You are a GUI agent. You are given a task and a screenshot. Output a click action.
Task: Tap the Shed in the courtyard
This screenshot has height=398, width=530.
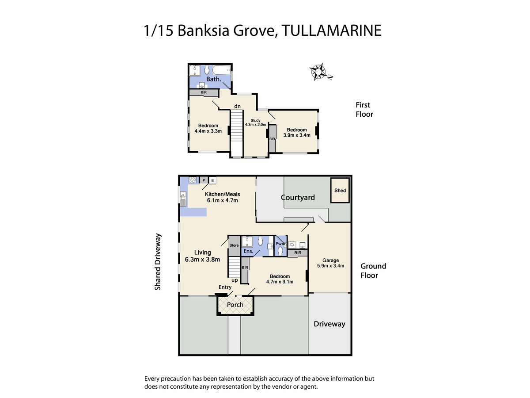pos(340,191)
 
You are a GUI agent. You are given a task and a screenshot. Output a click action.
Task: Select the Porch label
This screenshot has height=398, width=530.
pos(235,305)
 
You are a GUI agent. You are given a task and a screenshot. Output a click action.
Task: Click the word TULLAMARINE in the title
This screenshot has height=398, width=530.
pos(332,31)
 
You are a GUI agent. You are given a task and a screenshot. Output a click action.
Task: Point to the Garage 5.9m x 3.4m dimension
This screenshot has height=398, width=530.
pos(330,266)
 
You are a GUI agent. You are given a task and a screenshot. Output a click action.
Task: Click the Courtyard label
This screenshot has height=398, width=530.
pos(298,197)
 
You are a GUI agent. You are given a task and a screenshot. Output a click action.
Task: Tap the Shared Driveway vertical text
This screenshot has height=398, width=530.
pos(158,262)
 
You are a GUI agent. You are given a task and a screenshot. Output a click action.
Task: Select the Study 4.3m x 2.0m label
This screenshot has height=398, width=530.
pos(255,122)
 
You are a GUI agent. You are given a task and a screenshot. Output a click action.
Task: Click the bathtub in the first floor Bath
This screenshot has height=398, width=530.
pos(221,70)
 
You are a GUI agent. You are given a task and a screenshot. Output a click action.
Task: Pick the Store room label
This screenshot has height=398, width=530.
pos(234,245)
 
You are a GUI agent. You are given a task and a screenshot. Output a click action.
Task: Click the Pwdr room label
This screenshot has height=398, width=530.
pos(280,244)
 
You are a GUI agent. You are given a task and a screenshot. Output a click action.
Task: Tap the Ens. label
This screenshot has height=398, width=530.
pos(248,251)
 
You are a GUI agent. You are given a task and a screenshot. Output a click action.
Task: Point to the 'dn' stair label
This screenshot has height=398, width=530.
pos(237,106)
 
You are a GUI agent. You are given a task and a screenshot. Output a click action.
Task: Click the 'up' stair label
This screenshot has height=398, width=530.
pos(235,280)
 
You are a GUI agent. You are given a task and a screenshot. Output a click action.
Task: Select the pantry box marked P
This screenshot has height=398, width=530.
pos(204,180)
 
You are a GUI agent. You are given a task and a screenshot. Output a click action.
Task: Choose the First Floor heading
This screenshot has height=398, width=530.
pos(364,110)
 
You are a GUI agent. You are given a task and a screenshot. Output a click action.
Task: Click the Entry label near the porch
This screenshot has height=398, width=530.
pos(225,287)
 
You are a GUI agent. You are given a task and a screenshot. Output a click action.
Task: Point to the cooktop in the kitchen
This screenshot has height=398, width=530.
pos(193,180)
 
